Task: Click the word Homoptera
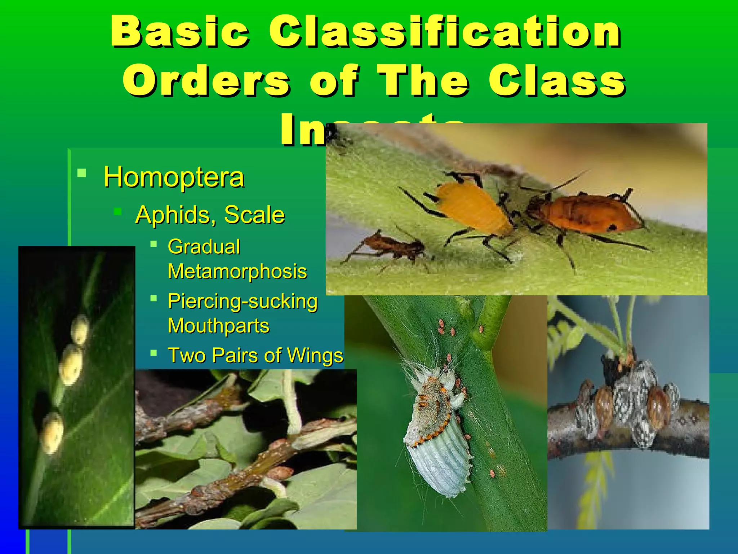[x=174, y=177]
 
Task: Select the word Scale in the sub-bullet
[x=254, y=215]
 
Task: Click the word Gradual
[x=204, y=247]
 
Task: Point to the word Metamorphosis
[x=237, y=272]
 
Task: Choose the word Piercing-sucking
[x=243, y=301]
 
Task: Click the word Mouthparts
[x=218, y=326]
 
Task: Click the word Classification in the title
[x=445, y=32]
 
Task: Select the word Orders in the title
[x=206, y=81]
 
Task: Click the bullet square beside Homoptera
[x=82, y=173]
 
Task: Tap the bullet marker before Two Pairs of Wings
[x=154, y=352]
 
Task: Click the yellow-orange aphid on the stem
[x=472, y=208]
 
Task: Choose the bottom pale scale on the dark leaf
[x=52, y=433]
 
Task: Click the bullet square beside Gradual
[x=154, y=244]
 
